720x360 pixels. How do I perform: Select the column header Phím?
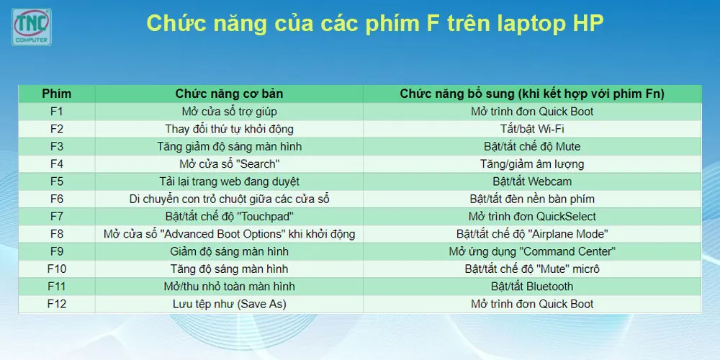pyautogui.click(x=57, y=94)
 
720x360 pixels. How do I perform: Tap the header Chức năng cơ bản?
pyautogui.click(x=229, y=94)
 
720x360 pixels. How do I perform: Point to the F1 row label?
pyautogui.click(x=57, y=112)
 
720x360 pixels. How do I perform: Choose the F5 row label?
pyautogui.click(x=57, y=181)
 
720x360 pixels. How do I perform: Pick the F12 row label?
pyautogui.click(x=57, y=304)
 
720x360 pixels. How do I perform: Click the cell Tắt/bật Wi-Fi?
pyautogui.click(x=532, y=129)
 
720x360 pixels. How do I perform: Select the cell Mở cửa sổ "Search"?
pyautogui.click(x=229, y=164)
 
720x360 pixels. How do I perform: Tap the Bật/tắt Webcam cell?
pyautogui.click(x=532, y=181)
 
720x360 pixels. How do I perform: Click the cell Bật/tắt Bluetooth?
pyautogui.click(x=532, y=287)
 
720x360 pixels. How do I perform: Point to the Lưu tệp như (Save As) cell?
pyautogui.click(x=229, y=304)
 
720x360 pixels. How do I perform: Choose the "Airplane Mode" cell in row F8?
pyautogui.click(x=532, y=234)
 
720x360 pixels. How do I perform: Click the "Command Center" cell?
pyautogui.click(x=532, y=251)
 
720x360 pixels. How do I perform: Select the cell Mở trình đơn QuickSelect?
pyautogui.click(x=532, y=217)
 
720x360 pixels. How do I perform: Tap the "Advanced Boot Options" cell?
pyautogui.click(x=229, y=234)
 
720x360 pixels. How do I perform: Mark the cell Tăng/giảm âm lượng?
pyautogui.click(x=532, y=164)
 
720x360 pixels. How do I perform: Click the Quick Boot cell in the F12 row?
pyautogui.click(x=532, y=304)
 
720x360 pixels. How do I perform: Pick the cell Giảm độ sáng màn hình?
pyautogui.click(x=229, y=251)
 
